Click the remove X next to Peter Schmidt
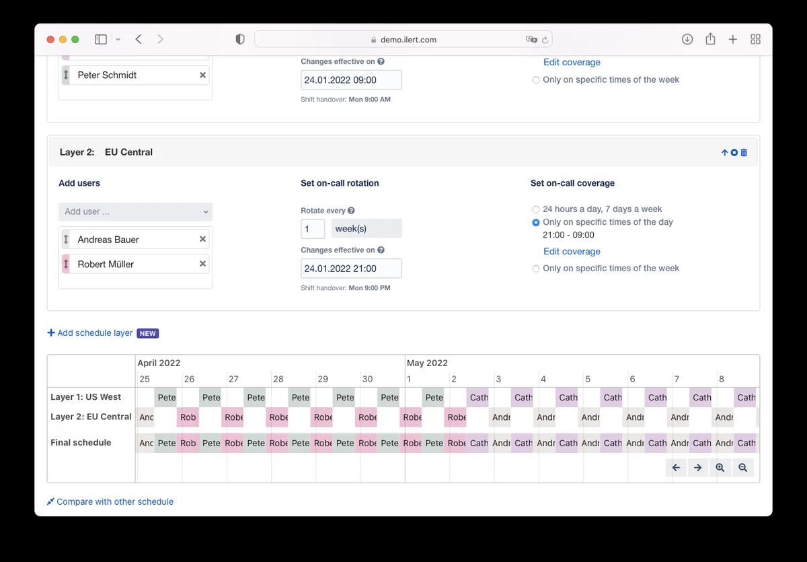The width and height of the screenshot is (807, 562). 202,75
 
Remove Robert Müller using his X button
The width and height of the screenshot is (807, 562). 202,264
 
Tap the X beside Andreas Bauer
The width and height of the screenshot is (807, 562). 202,239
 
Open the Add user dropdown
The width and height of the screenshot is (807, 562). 135,211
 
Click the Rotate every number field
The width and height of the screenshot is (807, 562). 313,229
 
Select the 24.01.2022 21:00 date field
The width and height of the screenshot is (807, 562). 351,269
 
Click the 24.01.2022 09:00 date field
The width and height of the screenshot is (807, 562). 351,80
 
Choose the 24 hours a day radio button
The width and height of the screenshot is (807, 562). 536,209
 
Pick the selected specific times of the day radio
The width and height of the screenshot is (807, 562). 536,222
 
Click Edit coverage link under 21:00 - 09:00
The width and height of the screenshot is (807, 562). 572,251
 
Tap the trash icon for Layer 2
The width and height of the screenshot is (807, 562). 744,153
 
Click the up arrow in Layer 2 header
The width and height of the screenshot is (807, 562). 724,153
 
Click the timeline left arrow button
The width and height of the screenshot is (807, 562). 676,468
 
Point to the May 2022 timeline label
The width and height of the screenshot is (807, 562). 427,363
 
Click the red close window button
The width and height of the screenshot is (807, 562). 50,39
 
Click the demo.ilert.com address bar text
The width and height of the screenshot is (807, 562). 408,40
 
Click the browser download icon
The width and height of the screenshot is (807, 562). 687,39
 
